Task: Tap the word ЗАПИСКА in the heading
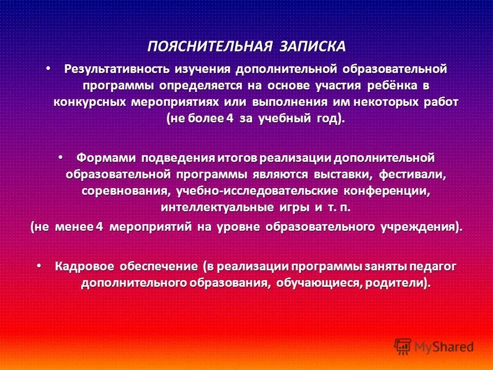[x=313, y=46]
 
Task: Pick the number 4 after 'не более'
[x=230, y=118]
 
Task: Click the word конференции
[x=390, y=191]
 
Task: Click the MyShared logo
[x=434, y=346]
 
